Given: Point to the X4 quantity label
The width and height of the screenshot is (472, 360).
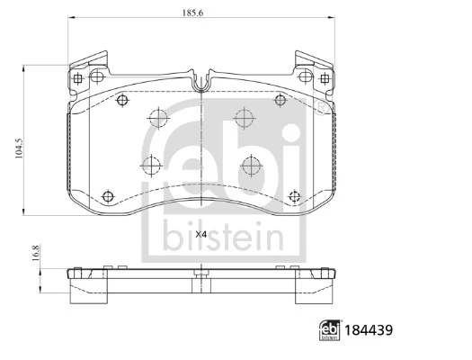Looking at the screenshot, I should tap(200, 234).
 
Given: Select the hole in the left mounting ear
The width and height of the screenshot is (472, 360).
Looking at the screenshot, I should tap(78, 78).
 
